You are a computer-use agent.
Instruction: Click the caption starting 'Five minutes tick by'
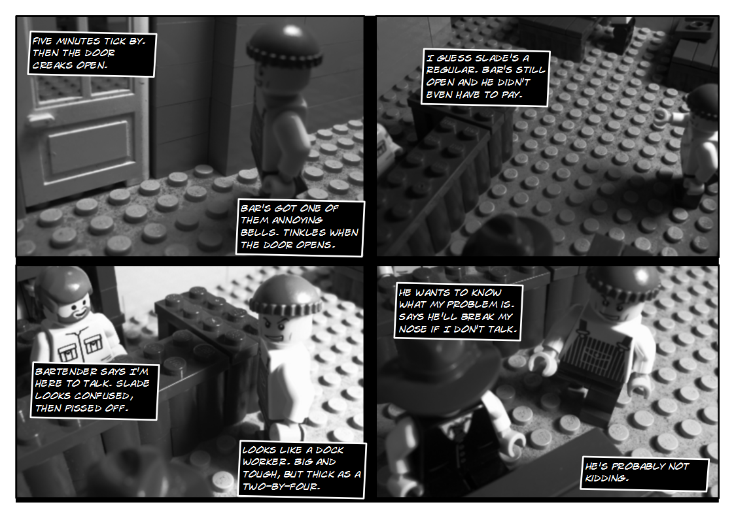click(x=93, y=54)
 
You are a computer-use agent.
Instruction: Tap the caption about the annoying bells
click(x=300, y=227)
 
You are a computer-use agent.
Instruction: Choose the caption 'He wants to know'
click(x=458, y=312)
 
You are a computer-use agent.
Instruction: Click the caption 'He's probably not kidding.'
click(x=645, y=473)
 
